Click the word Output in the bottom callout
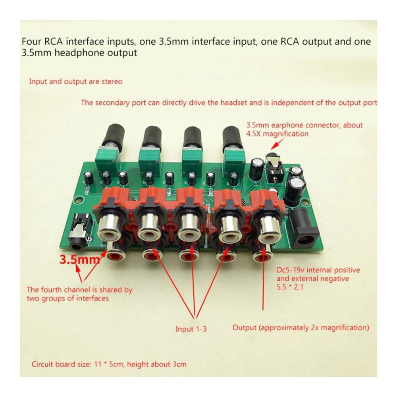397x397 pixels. tap(244, 328)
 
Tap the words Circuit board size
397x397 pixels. tap(60, 364)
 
